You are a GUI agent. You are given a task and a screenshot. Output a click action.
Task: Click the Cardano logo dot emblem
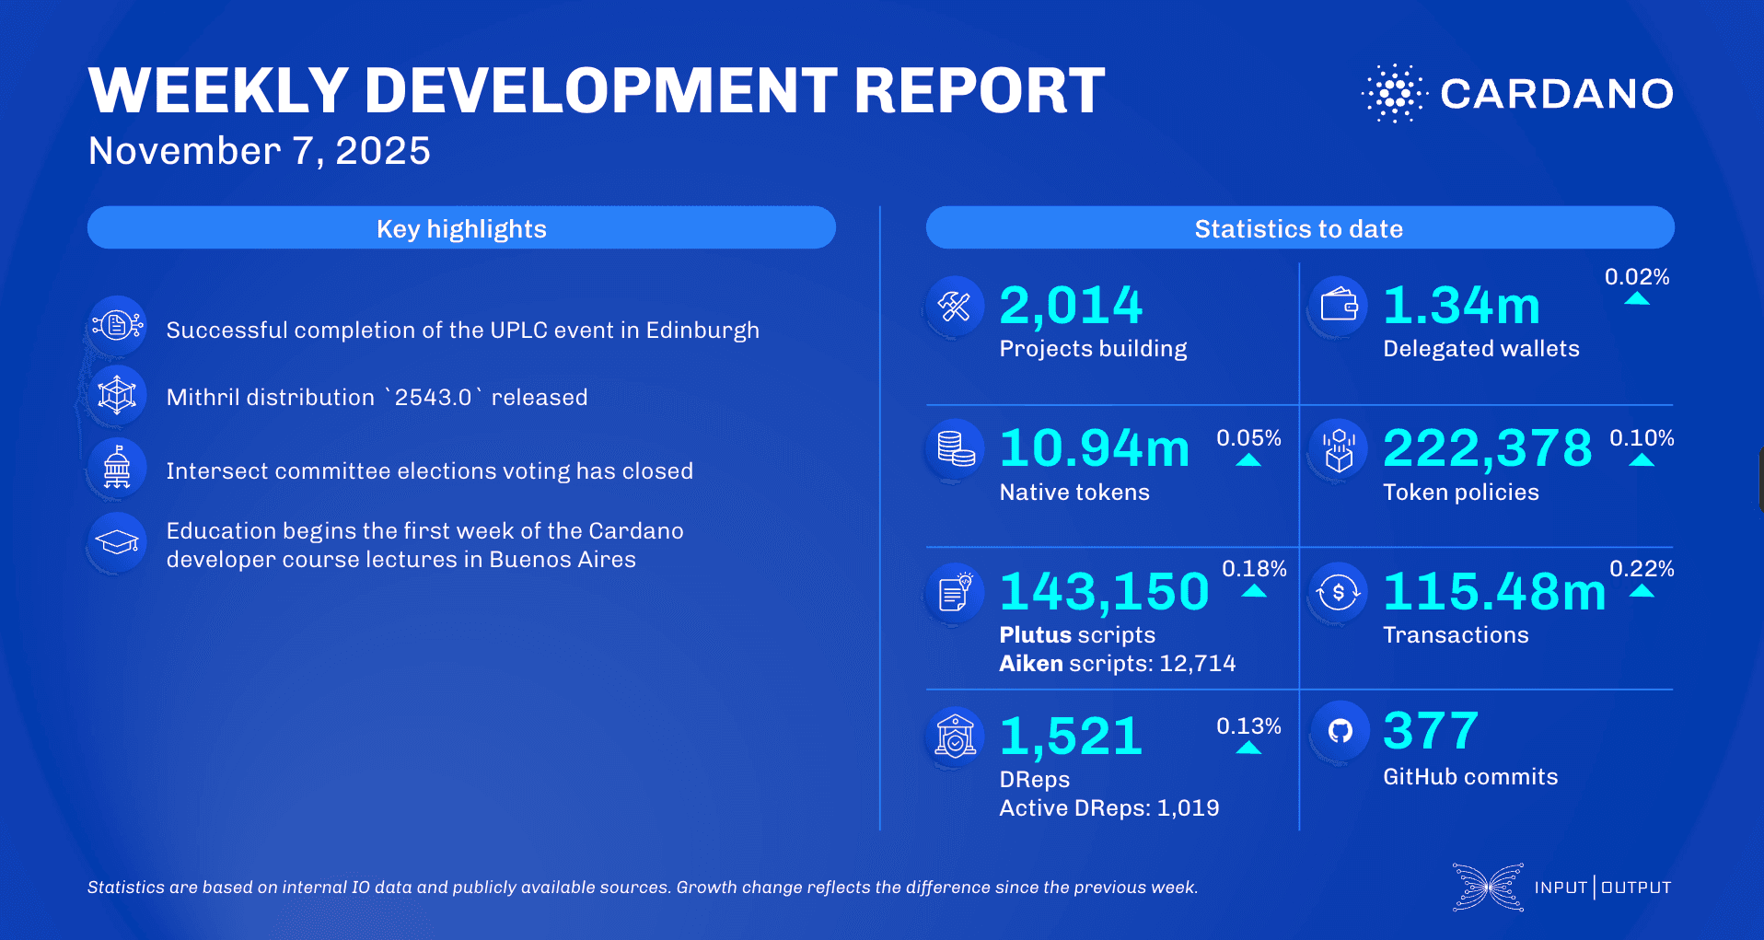coord(1394,93)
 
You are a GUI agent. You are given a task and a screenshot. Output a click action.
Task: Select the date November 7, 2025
coord(259,151)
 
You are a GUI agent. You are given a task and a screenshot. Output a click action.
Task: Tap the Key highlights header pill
coord(461,228)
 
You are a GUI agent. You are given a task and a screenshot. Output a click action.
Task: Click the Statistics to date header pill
coord(1299,228)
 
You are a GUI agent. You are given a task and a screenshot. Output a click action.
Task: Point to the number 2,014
coord(1071,306)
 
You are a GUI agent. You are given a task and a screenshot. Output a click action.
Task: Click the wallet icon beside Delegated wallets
coord(1339,305)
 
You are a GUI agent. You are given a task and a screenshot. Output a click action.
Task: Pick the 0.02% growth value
coord(1636,277)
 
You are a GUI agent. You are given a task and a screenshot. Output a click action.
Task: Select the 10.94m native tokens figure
coord(1095,448)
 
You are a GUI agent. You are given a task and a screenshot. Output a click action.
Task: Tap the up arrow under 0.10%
coord(1641,459)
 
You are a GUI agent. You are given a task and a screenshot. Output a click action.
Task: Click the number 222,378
coord(1487,448)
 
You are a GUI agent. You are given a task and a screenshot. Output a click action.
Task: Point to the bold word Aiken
coord(1030,664)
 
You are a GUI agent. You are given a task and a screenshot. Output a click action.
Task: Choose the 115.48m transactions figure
coord(1493,591)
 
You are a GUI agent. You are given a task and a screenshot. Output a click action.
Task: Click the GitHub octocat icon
coord(1340,731)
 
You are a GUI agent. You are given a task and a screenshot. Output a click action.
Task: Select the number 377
coord(1431,731)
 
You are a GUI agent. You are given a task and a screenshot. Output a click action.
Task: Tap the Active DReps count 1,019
coord(1188,808)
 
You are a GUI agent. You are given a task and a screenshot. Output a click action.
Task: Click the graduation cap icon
coord(118,542)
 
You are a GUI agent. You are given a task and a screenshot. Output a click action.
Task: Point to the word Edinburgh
coord(702,331)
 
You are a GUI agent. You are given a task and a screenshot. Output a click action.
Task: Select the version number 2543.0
coord(433,398)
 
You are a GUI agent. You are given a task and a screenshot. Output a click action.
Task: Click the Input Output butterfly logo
coord(1488,888)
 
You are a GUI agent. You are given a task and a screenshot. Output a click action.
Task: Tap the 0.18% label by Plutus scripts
coord(1253,569)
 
